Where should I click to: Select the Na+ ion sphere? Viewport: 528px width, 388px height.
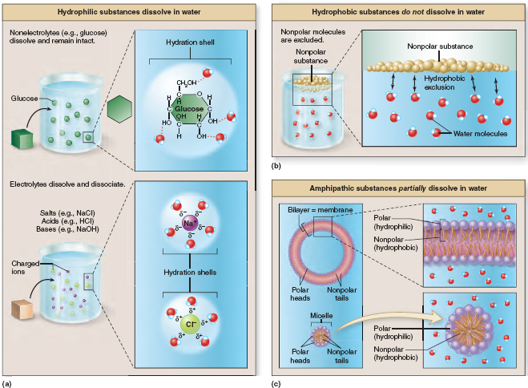click(190, 225)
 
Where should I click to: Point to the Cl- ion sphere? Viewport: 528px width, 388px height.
click(190, 324)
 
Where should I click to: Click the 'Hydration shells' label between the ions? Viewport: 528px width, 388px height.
click(191, 272)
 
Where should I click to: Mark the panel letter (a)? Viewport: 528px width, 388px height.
click(7, 382)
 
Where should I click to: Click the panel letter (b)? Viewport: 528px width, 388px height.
click(276, 165)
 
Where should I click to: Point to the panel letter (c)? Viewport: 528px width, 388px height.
click(276, 382)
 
